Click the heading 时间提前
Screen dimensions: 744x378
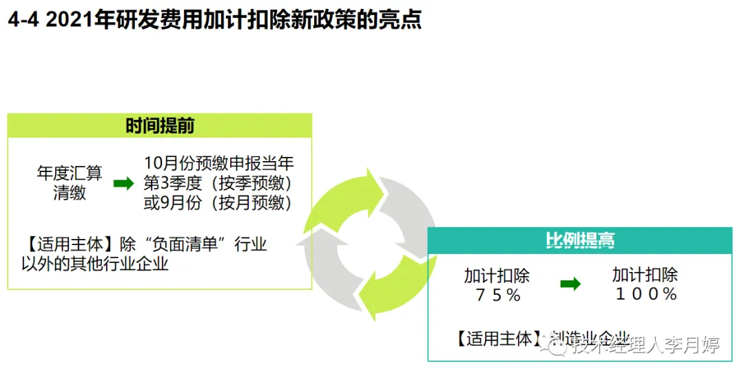[x=160, y=126]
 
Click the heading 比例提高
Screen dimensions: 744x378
[x=579, y=240]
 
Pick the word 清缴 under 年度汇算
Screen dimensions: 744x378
[x=70, y=193]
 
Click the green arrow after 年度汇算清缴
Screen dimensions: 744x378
[x=123, y=183]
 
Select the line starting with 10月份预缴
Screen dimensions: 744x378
[x=219, y=164]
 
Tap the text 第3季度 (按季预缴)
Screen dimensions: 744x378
[x=218, y=183]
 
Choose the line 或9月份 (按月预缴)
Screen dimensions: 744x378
[x=218, y=202]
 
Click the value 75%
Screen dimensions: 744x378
[x=497, y=295]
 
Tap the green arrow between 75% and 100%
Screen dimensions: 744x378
[x=570, y=284]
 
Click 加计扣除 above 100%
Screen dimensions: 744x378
[x=645, y=275]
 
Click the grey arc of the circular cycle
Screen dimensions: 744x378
[x=412, y=207]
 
